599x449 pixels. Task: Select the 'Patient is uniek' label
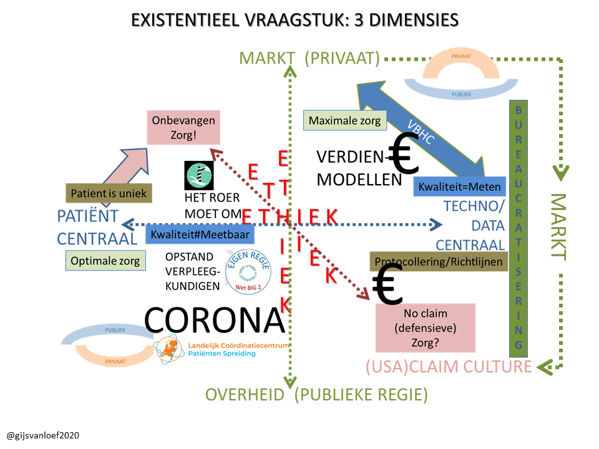pyautogui.click(x=109, y=193)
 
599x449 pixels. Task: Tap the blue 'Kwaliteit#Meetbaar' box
pyautogui.click(x=200, y=234)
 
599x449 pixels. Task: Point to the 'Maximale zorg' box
pyautogui.click(x=344, y=120)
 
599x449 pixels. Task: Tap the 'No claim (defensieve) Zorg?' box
pyautogui.click(x=426, y=327)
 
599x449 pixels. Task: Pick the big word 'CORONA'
pyautogui.click(x=215, y=320)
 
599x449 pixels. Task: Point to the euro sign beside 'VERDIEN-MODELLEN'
pyautogui.click(x=402, y=156)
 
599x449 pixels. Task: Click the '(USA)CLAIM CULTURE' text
pyautogui.click(x=448, y=367)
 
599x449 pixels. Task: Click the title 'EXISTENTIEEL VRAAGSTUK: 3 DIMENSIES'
pyautogui.click(x=295, y=21)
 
